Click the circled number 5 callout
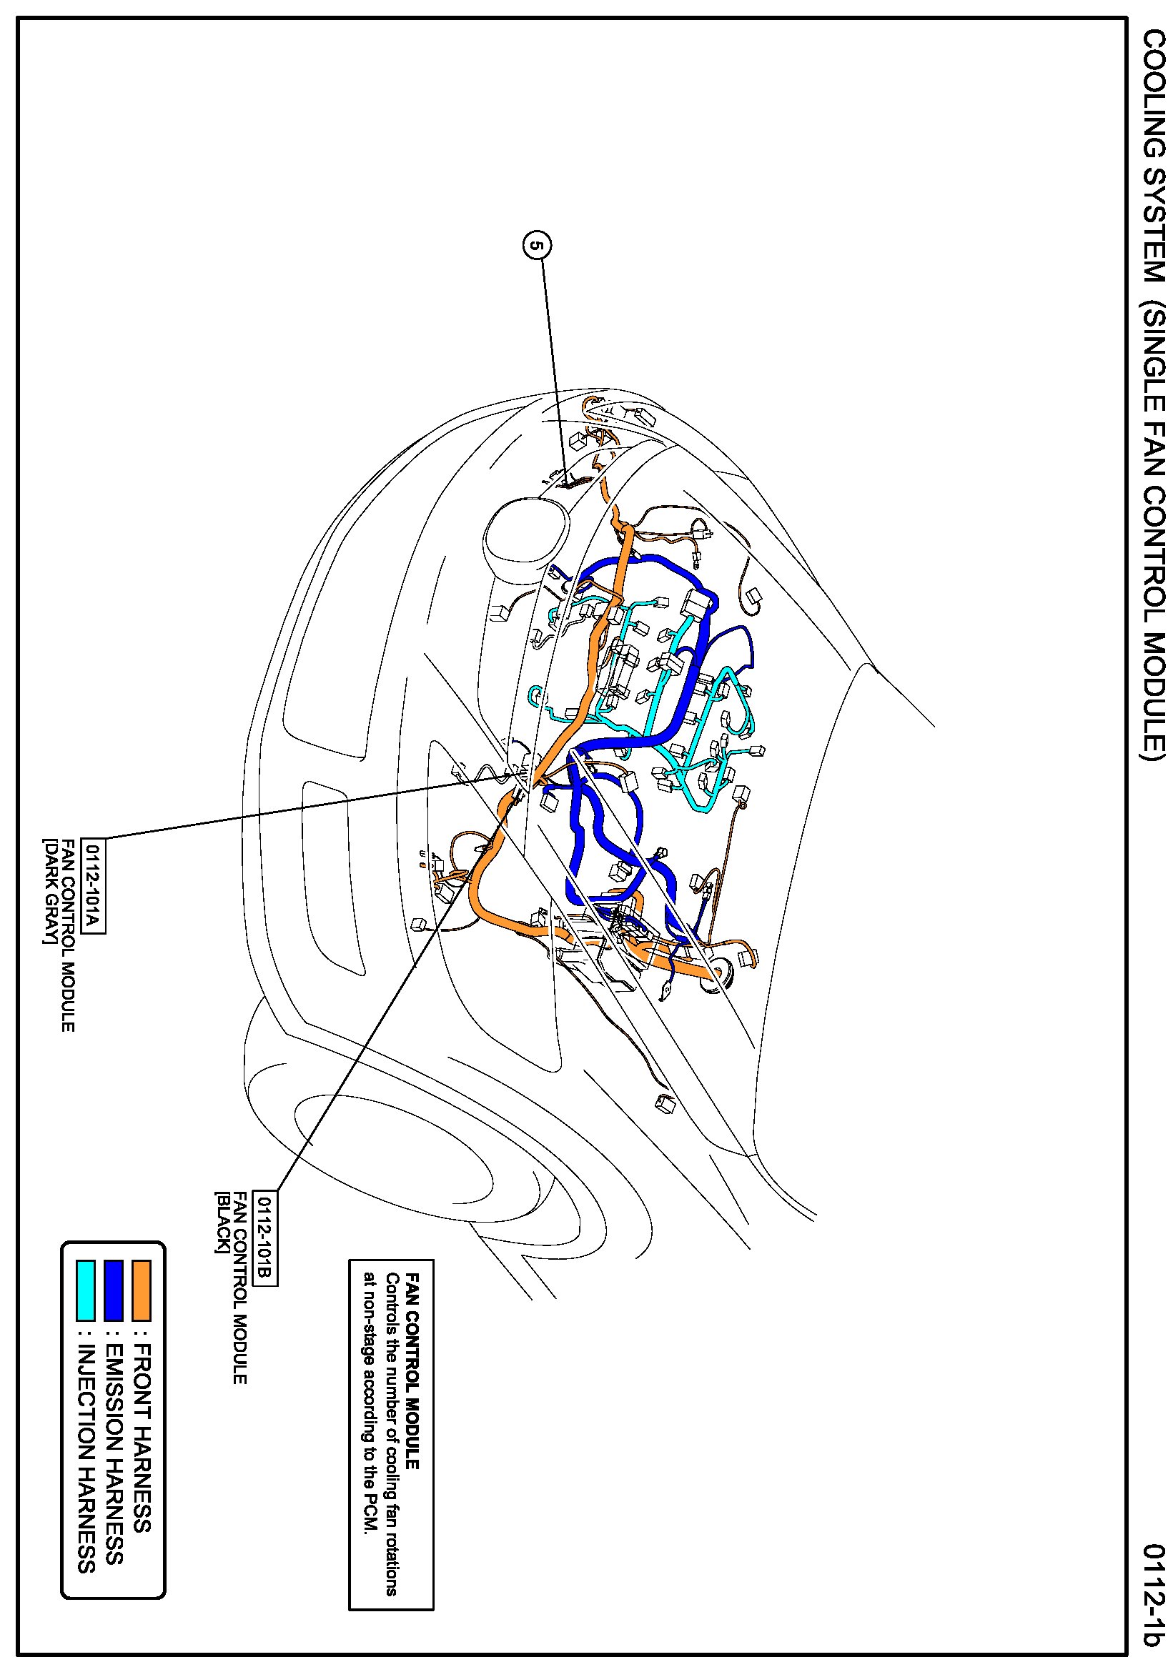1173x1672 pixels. pos(537,246)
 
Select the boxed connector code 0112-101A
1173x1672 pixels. pos(93,885)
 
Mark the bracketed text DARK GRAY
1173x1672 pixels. pos(49,892)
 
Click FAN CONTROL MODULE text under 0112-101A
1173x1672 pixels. pos(67,936)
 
